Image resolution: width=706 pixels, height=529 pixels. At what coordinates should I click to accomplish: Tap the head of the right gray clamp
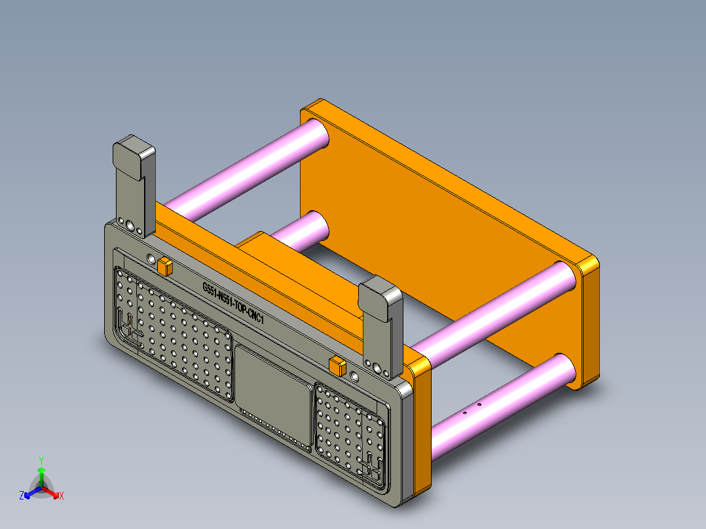click(x=380, y=299)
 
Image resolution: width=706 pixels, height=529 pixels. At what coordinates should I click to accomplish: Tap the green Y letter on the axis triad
click(x=41, y=460)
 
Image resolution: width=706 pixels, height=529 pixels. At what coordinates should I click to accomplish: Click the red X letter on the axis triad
click(x=62, y=496)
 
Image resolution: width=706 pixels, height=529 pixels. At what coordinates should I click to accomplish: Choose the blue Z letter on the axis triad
click(x=22, y=496)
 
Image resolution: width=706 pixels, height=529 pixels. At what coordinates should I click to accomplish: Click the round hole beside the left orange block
click(x=152, y=260)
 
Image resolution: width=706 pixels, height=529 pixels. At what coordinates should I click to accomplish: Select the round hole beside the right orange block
click(x=354, y=376)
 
